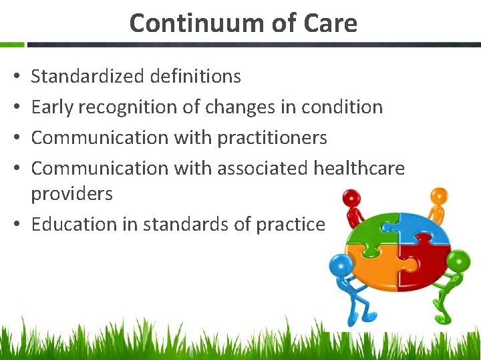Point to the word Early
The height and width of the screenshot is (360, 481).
click(x=53, y=107)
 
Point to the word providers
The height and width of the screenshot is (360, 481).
click(x=72, y=194)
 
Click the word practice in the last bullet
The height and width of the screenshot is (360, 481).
click(x=291, y=225)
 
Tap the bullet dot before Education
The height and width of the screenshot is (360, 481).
click(x=15, y=225)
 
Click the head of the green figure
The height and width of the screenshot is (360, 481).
click(x=458, y=259)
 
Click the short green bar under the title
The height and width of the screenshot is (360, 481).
click(x=12, y=45)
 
